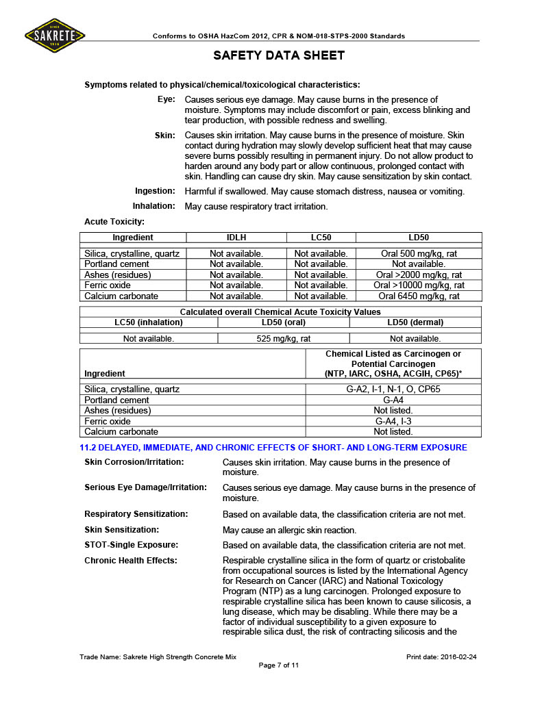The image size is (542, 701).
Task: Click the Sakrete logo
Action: tap(56, 34)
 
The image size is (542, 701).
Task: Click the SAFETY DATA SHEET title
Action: tap(279, 55)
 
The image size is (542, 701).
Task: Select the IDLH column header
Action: tap(236, 238)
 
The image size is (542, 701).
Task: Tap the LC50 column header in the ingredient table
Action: tap(321, 238)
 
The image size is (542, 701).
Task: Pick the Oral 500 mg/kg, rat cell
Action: tap(419, 254)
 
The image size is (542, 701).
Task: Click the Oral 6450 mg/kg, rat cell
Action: tap(419, 296)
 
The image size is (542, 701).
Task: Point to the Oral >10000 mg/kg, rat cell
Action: tap(419, 285)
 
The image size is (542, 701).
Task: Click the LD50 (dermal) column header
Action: tap(415, 322)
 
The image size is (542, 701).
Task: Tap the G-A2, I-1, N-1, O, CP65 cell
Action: tap(393, 389)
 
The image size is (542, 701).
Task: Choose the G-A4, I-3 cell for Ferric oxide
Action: tap(393, 421)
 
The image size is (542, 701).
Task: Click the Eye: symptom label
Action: tap(167, 100)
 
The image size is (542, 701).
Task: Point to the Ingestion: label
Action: tap(155, 191)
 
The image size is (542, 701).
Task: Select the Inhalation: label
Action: tap(153, 206)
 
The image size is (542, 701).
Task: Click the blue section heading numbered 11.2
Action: tap(273, 448)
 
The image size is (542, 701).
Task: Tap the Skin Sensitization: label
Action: tap(121, 530)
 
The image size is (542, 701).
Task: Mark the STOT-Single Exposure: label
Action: tap(131, 545)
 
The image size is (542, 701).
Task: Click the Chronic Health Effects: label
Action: tap(130, 561)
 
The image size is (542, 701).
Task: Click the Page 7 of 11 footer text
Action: tap(278, 665)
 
